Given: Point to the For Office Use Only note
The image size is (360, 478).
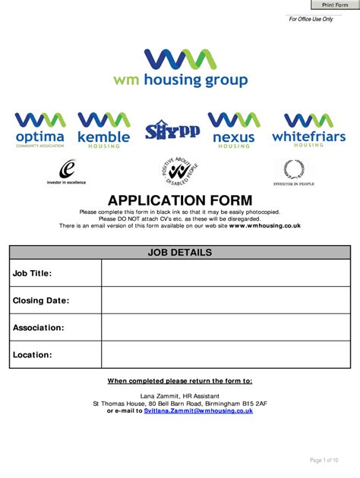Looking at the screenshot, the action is coord(311,19).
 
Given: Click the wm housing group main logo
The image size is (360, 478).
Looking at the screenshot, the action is coord(180,68).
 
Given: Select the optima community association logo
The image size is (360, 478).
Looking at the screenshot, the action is coord(39,130).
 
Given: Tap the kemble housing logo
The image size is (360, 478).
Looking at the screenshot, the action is coord(103,130).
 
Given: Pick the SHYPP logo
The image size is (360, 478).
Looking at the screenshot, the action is coord(172,130).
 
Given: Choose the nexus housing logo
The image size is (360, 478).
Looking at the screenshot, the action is coord(234,130).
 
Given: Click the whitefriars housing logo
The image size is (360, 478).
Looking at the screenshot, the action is coord(308,130).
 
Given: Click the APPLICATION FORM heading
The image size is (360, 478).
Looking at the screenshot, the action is coord(180,199).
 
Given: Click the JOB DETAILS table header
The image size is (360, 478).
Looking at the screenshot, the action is coord(180,253).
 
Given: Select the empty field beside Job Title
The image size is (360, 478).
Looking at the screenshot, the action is coord(226,273).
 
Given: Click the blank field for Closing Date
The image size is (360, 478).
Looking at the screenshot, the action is coord(226,300).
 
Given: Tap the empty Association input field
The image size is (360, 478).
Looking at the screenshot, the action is coord(226,328).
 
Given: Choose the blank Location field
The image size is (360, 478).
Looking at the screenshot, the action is coord(226,354).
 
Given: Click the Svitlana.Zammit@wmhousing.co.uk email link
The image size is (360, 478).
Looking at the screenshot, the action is coord(198,410).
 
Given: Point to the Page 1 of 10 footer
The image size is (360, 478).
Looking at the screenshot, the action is coord(324,460).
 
